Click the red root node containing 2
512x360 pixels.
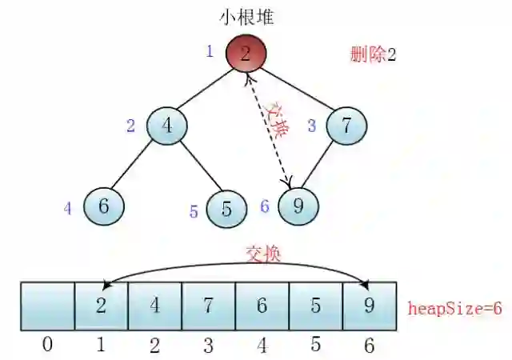pos(246,54)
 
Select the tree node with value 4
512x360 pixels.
pos(166,126)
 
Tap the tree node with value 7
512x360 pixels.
pos(346,126)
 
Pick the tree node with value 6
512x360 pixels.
pos(103,206)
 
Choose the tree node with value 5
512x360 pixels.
pos(226,209)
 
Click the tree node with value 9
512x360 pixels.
pos(298,206)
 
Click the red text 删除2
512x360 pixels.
pos(372,55)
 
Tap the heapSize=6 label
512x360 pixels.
pos(454,308)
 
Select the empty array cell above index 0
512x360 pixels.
pos(47,306)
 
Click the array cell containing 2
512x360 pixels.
pos(101,306)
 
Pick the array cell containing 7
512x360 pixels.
pos(208,306)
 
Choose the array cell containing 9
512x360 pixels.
pos(369,306)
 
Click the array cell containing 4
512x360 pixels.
pos(154,306)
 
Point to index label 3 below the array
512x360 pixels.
pos(208,345)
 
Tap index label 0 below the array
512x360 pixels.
pos(47,345)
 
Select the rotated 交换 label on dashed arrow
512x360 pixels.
pos(278,120)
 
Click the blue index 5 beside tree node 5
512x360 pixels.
pos(194,212)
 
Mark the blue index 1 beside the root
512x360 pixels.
pos(210,52)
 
